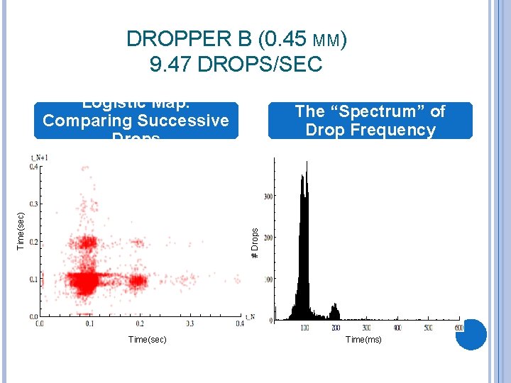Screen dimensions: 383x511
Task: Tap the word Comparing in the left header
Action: coord(79,120)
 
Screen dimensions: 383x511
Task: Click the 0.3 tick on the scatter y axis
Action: coord(33,204)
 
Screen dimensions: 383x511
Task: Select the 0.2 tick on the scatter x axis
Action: coord(140,323)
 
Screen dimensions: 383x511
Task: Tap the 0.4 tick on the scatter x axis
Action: coord(240,323)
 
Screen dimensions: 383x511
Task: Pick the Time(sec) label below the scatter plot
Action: coord(148,340)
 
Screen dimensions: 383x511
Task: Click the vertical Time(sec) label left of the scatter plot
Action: coord(21,231)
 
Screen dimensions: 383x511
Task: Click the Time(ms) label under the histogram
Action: coord(363,340)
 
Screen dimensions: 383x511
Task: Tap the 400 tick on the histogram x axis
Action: coord(397,328)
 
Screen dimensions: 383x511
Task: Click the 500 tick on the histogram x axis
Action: coord(428,328)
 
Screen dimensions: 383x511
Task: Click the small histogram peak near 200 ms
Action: coord(335,311)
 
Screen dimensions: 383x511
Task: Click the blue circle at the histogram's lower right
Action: coord(471,334)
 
